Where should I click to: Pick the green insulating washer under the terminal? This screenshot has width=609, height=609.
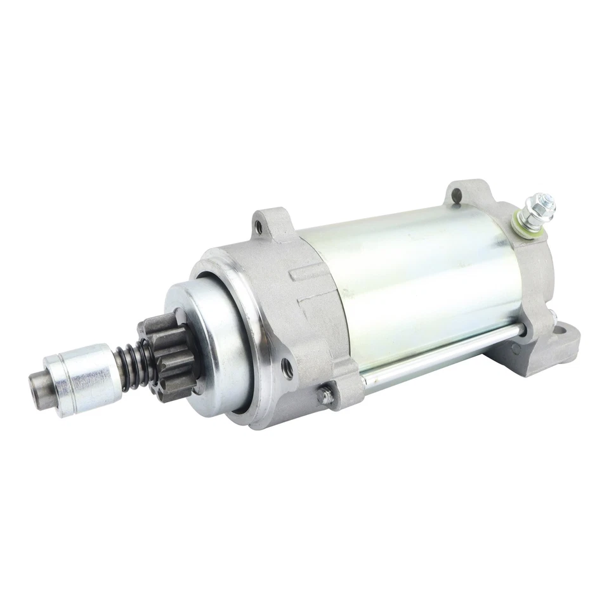[x=523, y=221]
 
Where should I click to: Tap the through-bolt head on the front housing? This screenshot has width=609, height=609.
[x=325, y=395]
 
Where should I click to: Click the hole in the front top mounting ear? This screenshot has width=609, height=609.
[x=258, y=224]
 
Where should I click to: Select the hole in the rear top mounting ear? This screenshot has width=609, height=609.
[x=455, y=195]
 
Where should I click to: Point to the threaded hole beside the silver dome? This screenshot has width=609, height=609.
[x=287, y=369]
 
